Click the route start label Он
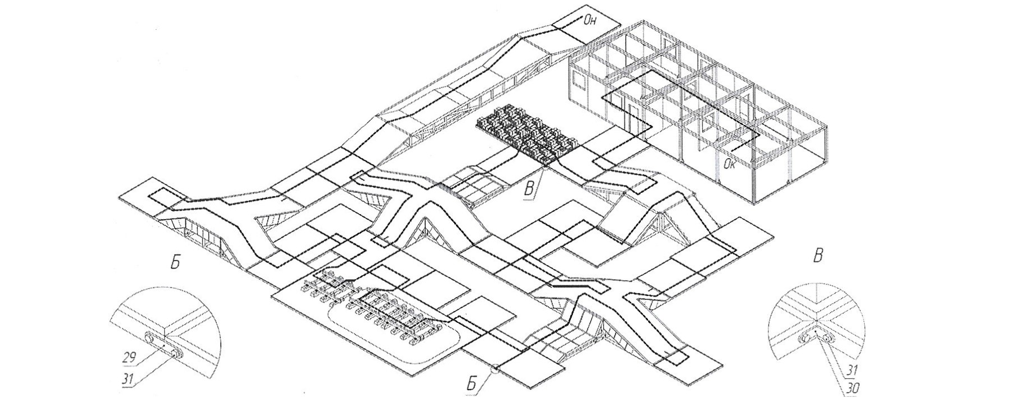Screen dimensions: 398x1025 (591, 21)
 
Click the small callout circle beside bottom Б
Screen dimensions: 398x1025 (495, 369)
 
